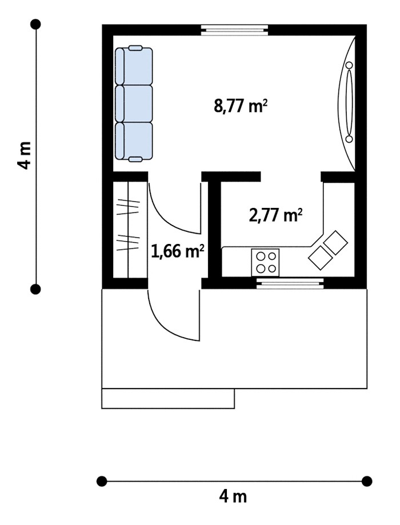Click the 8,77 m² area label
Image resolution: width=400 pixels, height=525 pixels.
241,106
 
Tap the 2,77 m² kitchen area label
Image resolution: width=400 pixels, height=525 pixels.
275,215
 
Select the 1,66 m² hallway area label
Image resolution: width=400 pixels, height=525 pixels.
178,251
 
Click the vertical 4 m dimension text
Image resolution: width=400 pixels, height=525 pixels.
25,155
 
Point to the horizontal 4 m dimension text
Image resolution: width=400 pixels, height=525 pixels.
233,496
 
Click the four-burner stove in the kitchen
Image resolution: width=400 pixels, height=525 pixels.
265,262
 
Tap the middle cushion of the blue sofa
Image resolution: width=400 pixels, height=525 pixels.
134,103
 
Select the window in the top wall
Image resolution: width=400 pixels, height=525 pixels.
234,30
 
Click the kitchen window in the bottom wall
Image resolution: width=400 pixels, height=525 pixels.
290,283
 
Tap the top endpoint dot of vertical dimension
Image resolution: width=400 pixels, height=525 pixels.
35,24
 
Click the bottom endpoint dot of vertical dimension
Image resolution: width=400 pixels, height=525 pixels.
35,289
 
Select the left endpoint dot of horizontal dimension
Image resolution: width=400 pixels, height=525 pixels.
102,481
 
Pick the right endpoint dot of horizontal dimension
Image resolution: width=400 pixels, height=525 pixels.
367,481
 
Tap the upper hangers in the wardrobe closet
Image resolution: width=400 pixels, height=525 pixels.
128,207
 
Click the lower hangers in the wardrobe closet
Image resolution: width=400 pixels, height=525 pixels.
128,242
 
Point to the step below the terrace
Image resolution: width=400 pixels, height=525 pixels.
168,398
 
